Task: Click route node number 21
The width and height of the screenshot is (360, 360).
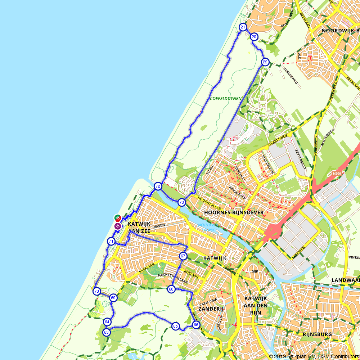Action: pyautogui.click(x=243, y=27)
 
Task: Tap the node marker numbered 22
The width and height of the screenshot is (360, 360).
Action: pyautogui.click(x=265, y=62)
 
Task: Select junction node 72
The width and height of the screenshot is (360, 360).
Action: pyautogui.click(x=158, y=186)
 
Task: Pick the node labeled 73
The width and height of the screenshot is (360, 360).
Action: pyautogui.click(x=181, y=202)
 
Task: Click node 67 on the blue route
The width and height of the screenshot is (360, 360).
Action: pyautogui.click(x=183, y=256)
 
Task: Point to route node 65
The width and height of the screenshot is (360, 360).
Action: pyautogui.click(x=175, y=326)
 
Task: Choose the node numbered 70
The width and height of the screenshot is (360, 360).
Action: pyautogui.click(x=96, y=291)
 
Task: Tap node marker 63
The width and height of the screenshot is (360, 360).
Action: pyautogui.click(x=106, y=332)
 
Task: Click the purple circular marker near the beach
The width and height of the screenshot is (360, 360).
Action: pyautogui.click(x=117, y=226)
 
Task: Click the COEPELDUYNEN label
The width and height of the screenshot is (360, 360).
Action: pyautogui.click(x=226, y=98)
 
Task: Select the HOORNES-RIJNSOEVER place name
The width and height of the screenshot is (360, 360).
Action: pyautogui.click(x=234, y=213)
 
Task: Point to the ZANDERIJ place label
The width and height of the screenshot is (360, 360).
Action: pyautogui.click(x=211, y=309)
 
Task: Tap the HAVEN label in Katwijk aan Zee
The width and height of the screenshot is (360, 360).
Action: pyautogui.click(x=158, y=225)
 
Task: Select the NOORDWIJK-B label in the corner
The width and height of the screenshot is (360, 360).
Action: pyautogui.click(x=340, y=31)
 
